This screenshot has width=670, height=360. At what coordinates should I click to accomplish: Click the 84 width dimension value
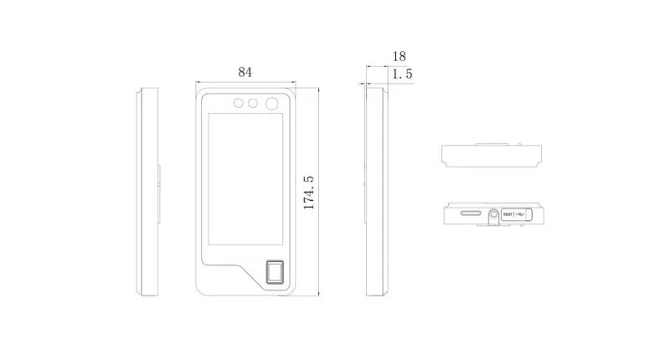pos(245,72)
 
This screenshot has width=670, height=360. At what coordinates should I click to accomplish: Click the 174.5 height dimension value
pos(308,192)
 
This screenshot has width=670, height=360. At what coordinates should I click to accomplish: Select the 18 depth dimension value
pos(399,56)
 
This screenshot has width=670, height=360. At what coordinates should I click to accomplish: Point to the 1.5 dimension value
pos(402,75)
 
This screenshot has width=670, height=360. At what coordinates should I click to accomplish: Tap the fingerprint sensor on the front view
pos(275,273)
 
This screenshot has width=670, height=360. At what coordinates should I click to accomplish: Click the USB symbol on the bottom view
pos(523,215)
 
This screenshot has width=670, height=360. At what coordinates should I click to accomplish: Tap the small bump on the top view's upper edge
pos(492,144)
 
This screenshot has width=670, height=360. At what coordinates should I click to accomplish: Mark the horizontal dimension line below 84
pos(245,82)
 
